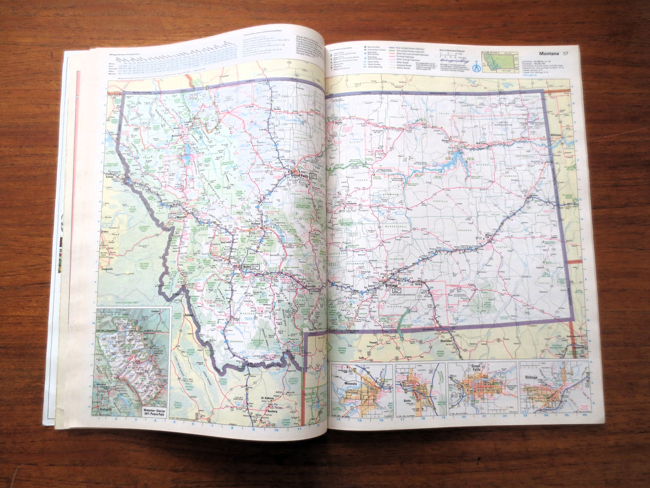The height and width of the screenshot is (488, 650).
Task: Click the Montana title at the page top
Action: pyautogui.click(x=548, y=54)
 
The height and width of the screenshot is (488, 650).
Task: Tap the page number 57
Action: pyautogui.click(x=565, y=54)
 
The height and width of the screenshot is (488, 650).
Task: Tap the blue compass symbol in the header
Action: pyautogui.click(x=476, y=68)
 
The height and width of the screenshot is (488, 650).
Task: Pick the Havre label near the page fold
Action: pyautogui.click(x=338, y=123)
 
